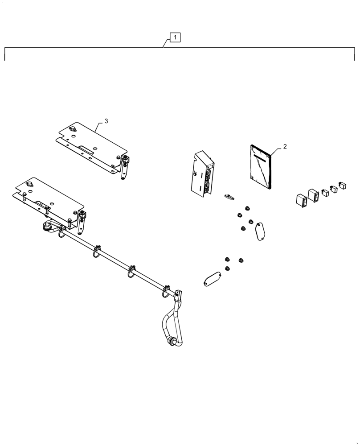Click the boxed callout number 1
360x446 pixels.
coord(176,37)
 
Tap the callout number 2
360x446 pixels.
coord(285,146)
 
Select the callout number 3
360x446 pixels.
coord(106,121)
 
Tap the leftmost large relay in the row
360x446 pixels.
coord(301,200)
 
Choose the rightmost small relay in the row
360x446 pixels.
coord(342,185)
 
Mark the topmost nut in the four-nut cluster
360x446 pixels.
coord(246,209)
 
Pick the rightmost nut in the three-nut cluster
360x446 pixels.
coord(241,260)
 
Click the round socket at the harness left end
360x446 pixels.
coord(46,227)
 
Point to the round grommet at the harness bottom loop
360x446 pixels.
coord(171,343)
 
